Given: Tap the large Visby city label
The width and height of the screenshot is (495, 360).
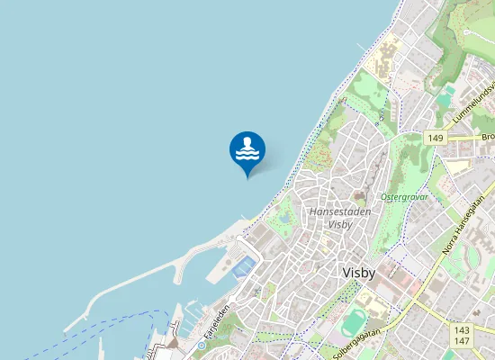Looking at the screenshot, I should coord(364,272).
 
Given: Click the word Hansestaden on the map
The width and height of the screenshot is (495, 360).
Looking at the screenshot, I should coord(340,211).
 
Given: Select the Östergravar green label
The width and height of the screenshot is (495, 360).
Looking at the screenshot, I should coord(404,195).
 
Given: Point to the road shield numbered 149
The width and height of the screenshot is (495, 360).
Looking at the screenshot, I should coord(436,137).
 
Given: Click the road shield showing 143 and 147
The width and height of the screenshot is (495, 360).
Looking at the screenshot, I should coord(463,336).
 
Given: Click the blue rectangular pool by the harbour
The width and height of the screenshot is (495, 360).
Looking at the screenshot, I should coord(242,265).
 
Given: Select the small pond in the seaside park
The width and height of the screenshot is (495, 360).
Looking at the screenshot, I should coord(286,217).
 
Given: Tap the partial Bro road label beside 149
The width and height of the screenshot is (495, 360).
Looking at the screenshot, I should coord(487,137).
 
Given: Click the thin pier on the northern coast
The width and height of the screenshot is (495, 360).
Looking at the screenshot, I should coord(361,46).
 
